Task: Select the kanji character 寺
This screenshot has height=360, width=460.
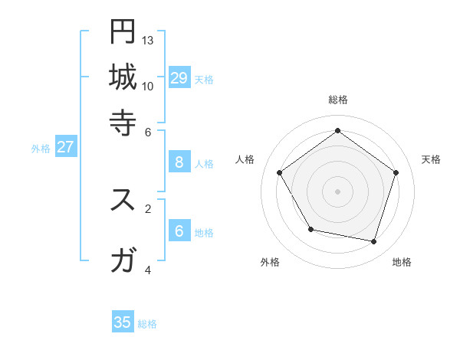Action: pyautogui.click(x=123, y=122)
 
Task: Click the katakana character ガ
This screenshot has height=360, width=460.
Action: pyautogui.click(x=123, y=261)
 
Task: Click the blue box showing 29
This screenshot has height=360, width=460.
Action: pyautogui.click(x=179, y=77)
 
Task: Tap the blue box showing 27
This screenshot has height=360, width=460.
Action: pyautogui.click(x=65, y=147)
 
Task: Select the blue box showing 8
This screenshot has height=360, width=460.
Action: pyautogui.click(x=179, y=162)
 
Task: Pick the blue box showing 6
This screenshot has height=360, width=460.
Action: pyautogui.click(x=179, y=231)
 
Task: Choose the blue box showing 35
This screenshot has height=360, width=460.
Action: pyautogui.click(x=123, y=322)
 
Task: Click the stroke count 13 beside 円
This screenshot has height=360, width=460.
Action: pyautogui.click(x=148, y=39)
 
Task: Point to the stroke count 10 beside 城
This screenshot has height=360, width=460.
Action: pyautogui.click(x=148, y=86)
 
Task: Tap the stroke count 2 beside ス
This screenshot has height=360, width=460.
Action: pyautogui.click(x=148, y=208)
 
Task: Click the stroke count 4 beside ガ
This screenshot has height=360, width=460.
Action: pyautogui.click(x=148, y=270)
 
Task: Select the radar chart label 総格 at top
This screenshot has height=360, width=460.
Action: pyautogui.click(x=337, y=100)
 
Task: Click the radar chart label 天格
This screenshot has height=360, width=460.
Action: pyautogui.click(x=431, y=159)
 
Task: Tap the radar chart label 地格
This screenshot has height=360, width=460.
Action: pyautogui.click(x=402, y=262)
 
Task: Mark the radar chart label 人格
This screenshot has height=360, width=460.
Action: pyautogui.click(x=245, y=159)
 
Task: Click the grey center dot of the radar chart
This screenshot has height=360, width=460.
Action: pyautogui.click(x=337, y=191)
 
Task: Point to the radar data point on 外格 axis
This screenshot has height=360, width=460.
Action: pyautogui.click(x=310, y=229)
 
